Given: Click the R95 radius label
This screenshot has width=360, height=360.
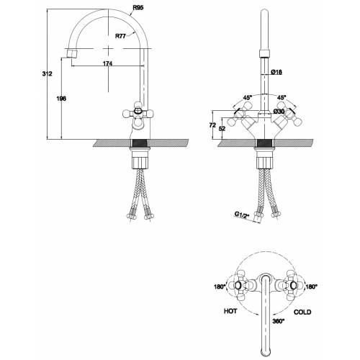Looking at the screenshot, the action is (138, 8).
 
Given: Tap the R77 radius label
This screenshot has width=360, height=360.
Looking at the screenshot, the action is (120, 36).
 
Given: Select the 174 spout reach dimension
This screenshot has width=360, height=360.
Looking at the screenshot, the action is (107, 63).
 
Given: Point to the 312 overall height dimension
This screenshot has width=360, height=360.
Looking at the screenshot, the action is (47, 73).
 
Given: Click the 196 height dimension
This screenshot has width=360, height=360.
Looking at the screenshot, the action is (61, 99).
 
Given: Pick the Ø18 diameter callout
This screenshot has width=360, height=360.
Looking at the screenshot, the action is (276, 72).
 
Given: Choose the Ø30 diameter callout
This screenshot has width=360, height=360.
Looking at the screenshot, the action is (279, 112).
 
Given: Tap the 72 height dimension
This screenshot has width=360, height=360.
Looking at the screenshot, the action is (212, 125).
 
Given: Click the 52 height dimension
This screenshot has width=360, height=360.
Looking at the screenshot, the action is (222, 128).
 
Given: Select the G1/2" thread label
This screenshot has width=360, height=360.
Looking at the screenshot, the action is (242, 215).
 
